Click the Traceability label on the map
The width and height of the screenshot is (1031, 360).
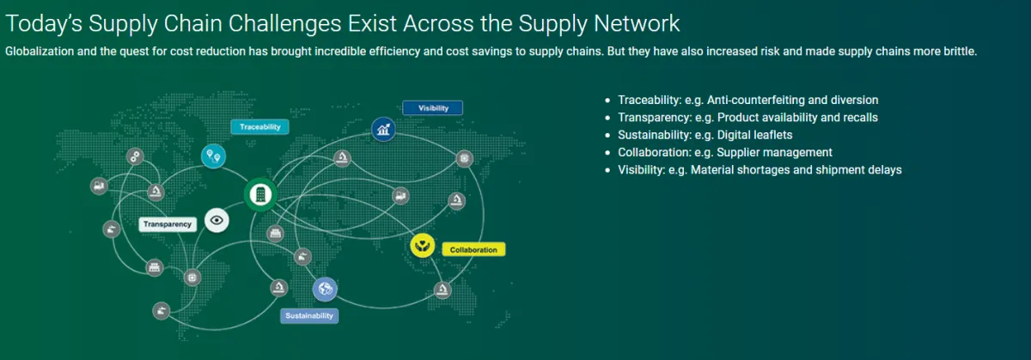[259, 126]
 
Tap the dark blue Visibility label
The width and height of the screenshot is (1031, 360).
[433, 107]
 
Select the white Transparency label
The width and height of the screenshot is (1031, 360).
[168, 224]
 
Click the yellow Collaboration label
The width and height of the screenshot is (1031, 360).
[473, 249]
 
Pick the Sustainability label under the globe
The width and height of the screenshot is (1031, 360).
[309, 316]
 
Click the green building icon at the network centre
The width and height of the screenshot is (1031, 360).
[260, 195]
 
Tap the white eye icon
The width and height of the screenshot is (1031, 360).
[217, 220]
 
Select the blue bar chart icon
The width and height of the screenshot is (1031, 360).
[383, 130]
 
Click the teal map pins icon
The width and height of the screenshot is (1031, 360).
[214, 156]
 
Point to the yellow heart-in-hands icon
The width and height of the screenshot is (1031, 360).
[423, 245]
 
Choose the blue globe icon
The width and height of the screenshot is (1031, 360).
[325, 289]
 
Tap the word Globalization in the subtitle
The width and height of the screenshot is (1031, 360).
[40, 51]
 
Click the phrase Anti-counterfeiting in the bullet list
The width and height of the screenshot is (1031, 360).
[756, 100]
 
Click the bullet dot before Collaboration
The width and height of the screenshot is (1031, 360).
[607, 152]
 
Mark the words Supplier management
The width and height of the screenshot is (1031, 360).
[775, 152]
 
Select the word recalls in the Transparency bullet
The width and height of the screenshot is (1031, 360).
[861, 118]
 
